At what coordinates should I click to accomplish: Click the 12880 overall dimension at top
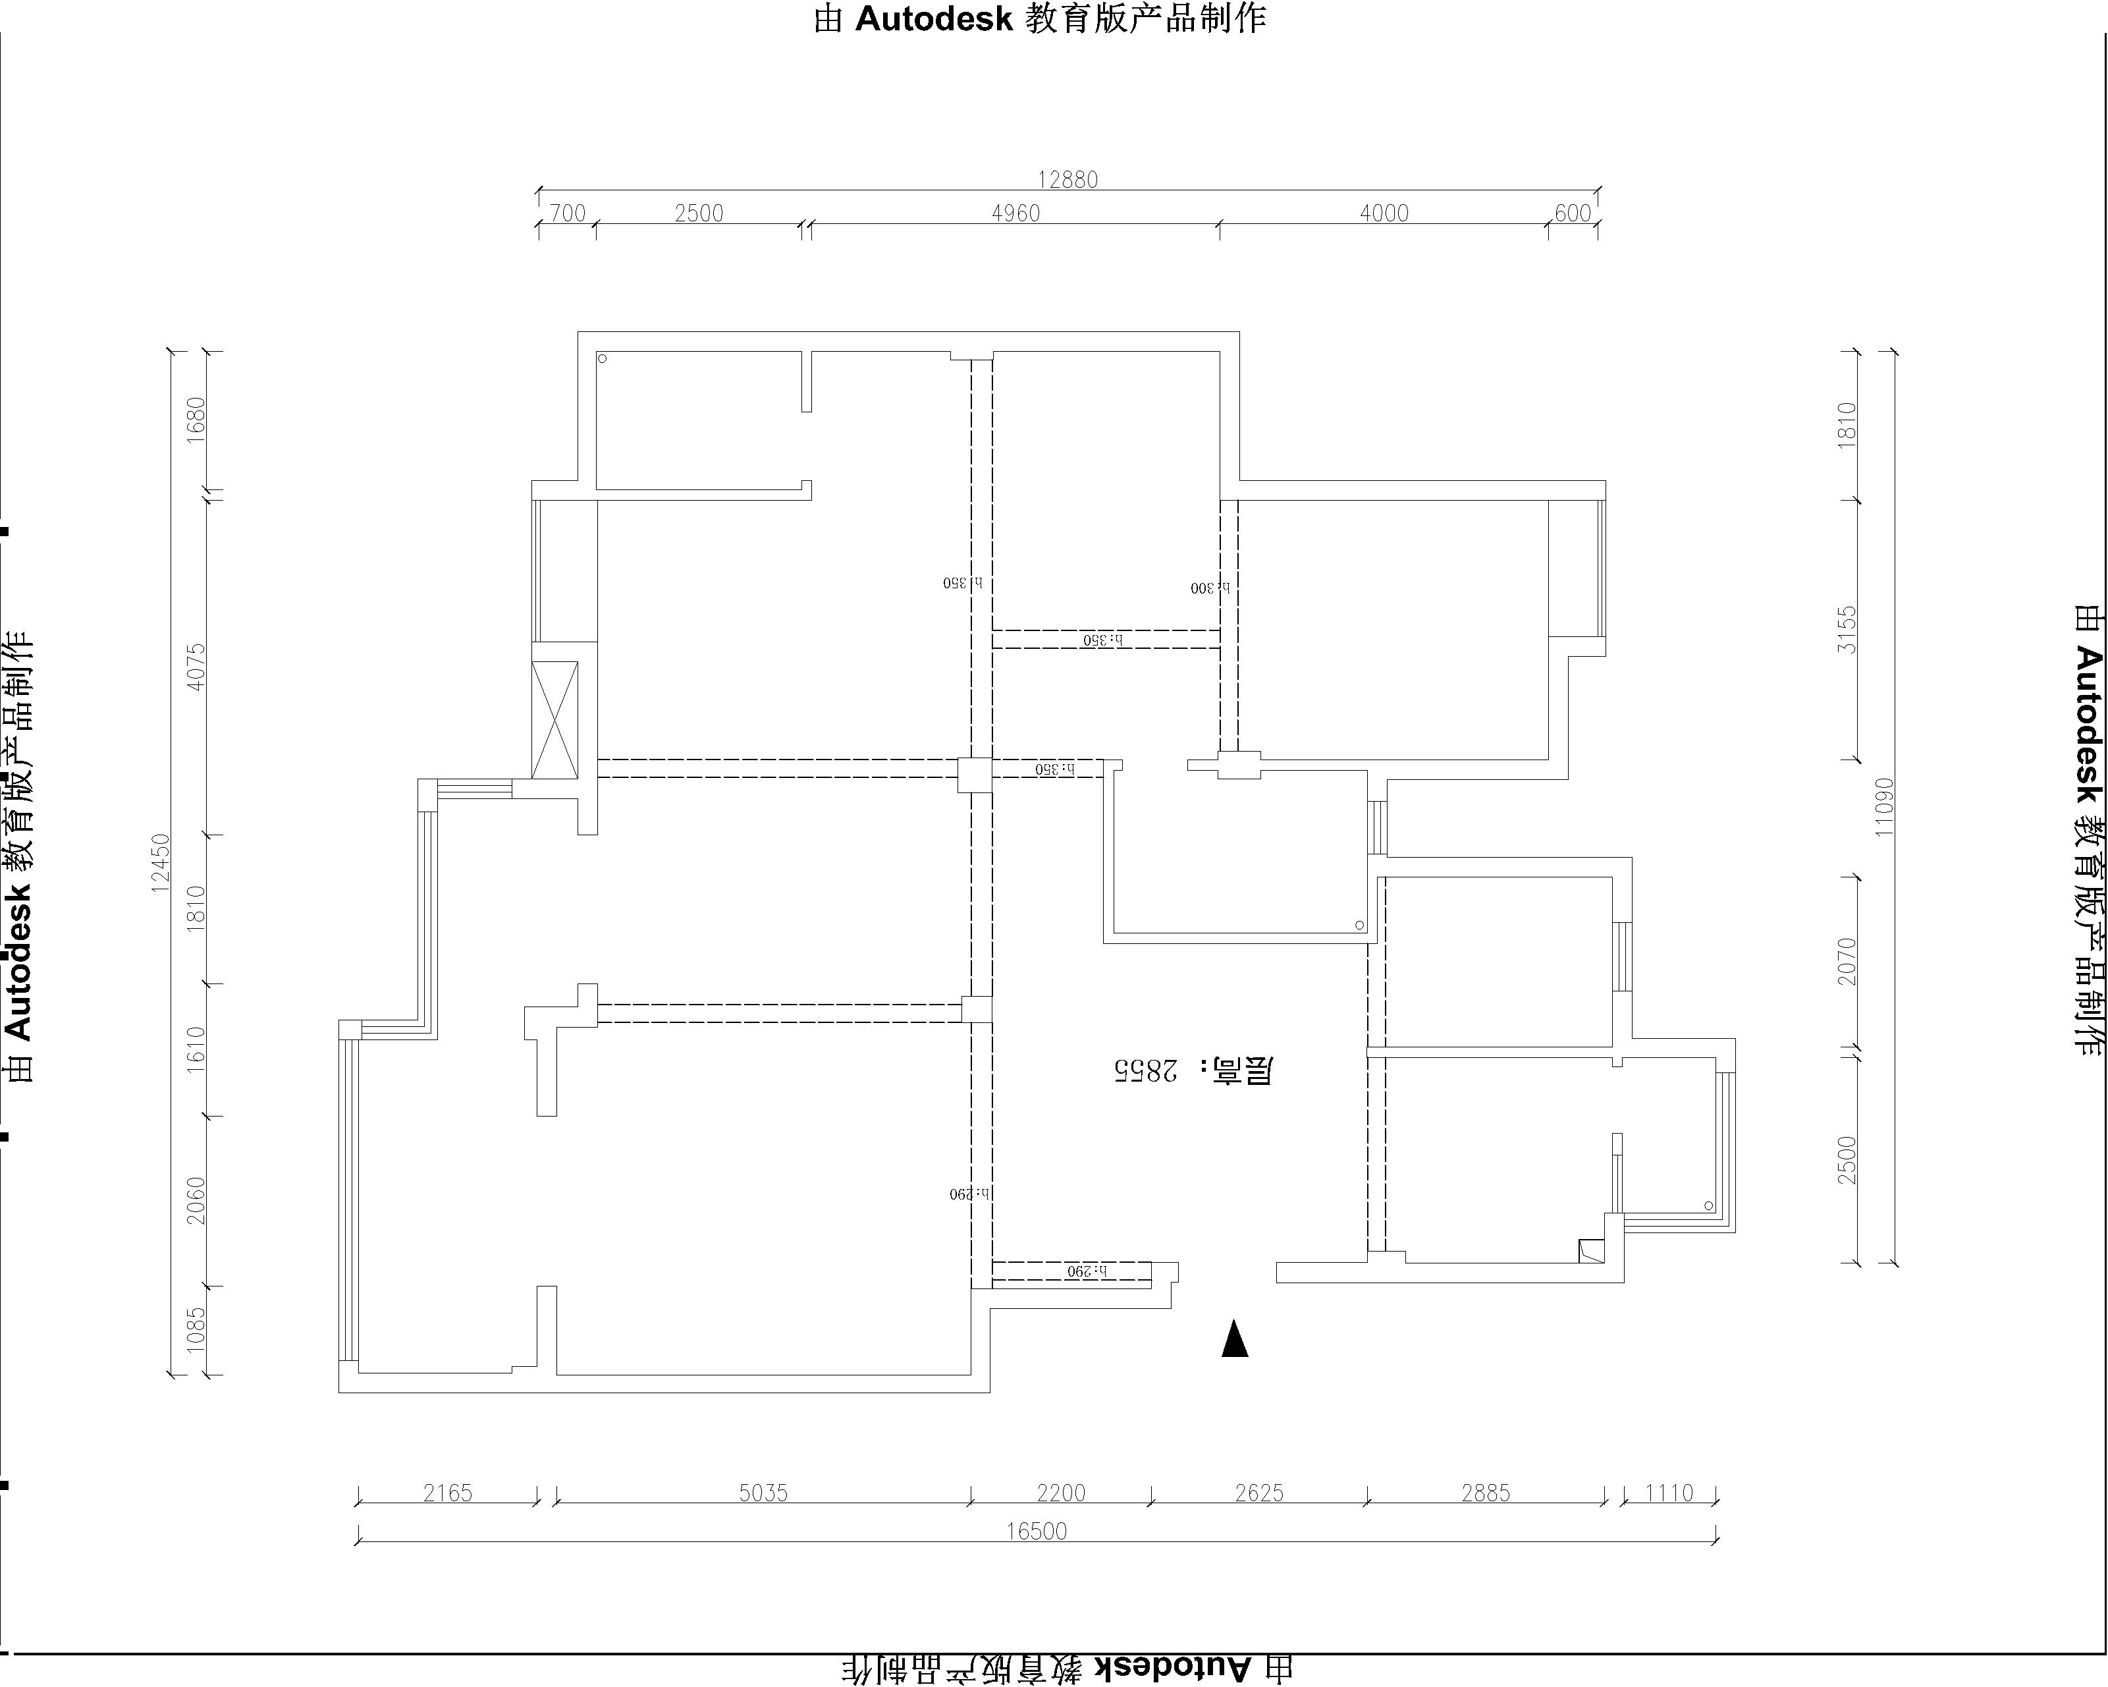(1067, 180)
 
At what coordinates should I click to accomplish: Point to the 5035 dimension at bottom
(763, 1493)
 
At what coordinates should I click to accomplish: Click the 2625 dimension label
(1258, 1493)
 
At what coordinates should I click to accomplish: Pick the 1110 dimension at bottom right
(1668, 1493)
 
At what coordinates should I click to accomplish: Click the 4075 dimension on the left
(196, 667)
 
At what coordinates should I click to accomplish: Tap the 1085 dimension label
(196, 1330)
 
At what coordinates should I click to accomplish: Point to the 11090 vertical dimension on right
(1884, 807)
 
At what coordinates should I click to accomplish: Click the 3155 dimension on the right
(1846, 631)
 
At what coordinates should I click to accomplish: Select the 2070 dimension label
(1846, 961)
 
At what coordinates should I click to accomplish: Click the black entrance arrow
(1235, 1340)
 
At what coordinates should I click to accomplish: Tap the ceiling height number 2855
(1144, 1071)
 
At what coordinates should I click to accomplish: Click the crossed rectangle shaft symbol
(554, 721)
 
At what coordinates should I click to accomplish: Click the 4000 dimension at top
(1384, 213)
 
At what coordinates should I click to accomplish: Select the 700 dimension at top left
(567, 213)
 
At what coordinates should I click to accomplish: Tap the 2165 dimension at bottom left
(447, 1493)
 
